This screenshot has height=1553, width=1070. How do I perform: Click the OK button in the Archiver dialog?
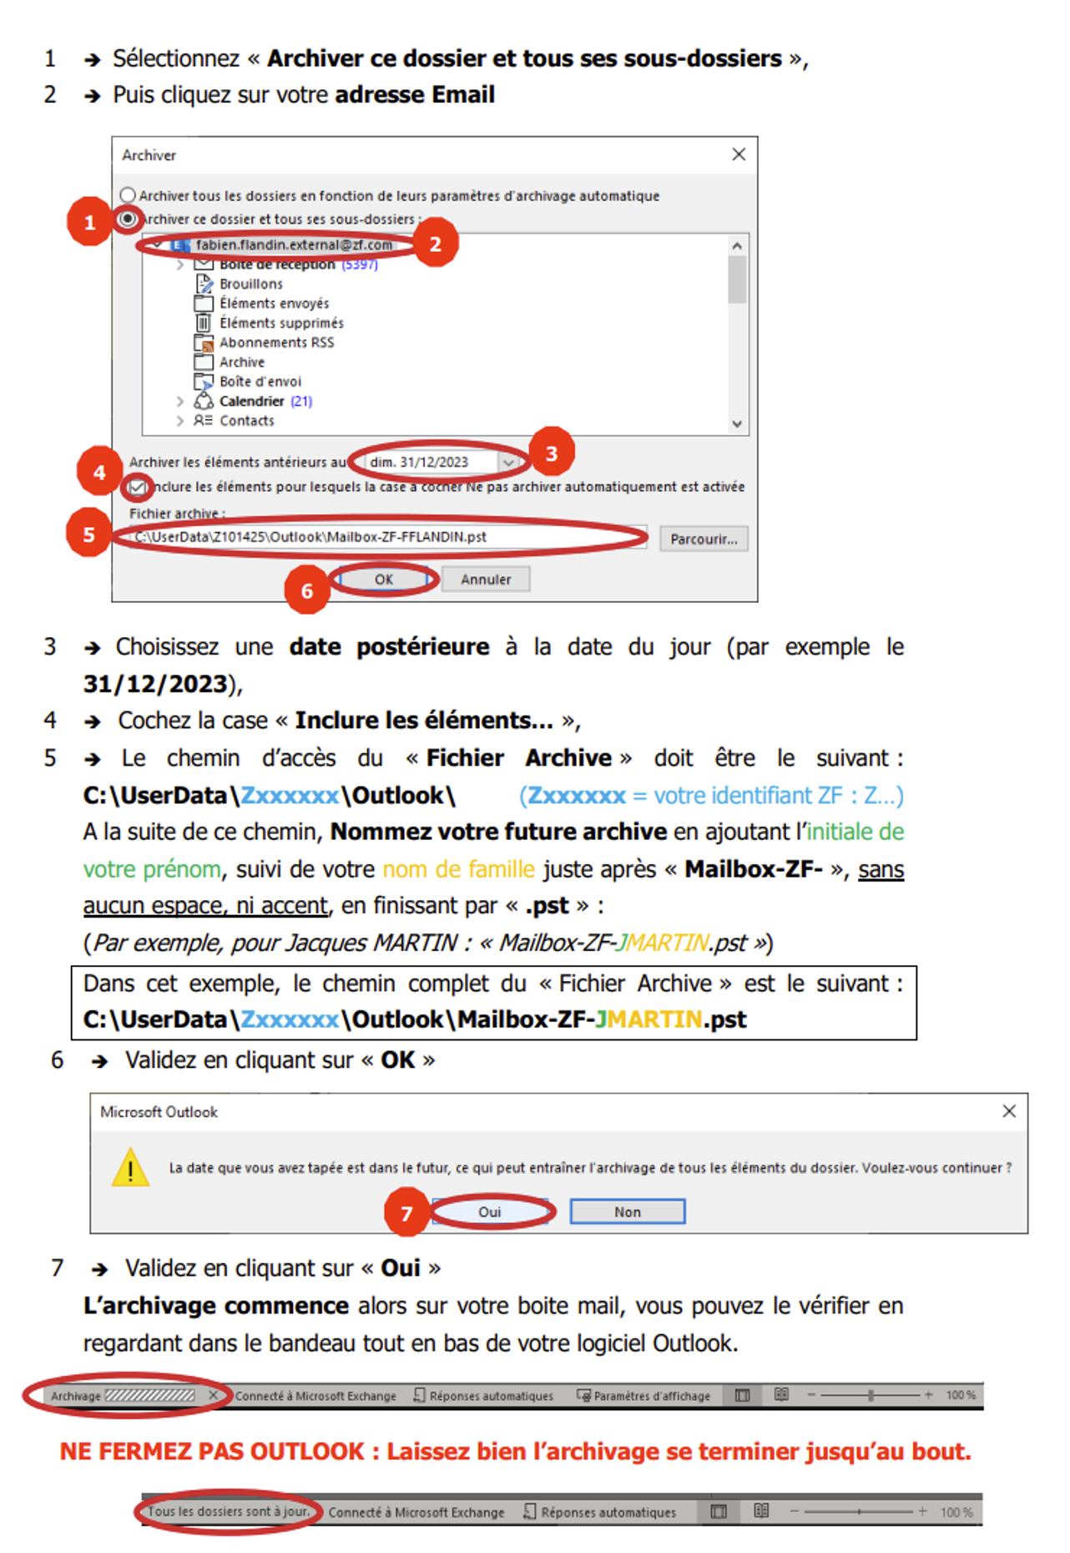[383, 579]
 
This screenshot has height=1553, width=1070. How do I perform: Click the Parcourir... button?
[704, 539]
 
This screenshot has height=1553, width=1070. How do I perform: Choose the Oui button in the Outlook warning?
[490, 1212]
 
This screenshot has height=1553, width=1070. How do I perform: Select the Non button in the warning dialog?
[628, 1212]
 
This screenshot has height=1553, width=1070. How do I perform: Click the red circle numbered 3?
[551, 453]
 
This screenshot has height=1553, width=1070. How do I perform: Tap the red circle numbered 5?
[88, 534]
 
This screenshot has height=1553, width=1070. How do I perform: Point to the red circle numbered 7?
[406, 1212]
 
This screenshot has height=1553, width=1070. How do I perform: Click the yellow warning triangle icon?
[130, 1167]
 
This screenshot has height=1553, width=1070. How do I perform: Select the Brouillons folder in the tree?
[251, 284]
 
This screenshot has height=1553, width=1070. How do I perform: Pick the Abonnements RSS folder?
[276, 342]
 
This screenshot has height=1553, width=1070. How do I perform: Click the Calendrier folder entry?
[252, 401]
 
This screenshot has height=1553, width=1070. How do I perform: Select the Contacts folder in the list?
[247, 421]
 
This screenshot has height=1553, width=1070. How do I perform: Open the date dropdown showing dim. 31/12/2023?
[508, 462]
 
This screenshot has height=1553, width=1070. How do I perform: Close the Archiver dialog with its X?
[739, 154]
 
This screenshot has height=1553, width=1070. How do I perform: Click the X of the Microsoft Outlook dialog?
[1009, 1111]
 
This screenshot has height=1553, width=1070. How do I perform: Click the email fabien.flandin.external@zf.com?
[294, 245]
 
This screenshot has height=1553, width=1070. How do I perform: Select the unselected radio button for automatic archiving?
[128, 195]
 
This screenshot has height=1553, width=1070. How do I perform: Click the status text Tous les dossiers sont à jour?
[229, 1511]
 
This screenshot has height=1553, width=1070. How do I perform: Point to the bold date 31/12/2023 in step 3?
[155, 684]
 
